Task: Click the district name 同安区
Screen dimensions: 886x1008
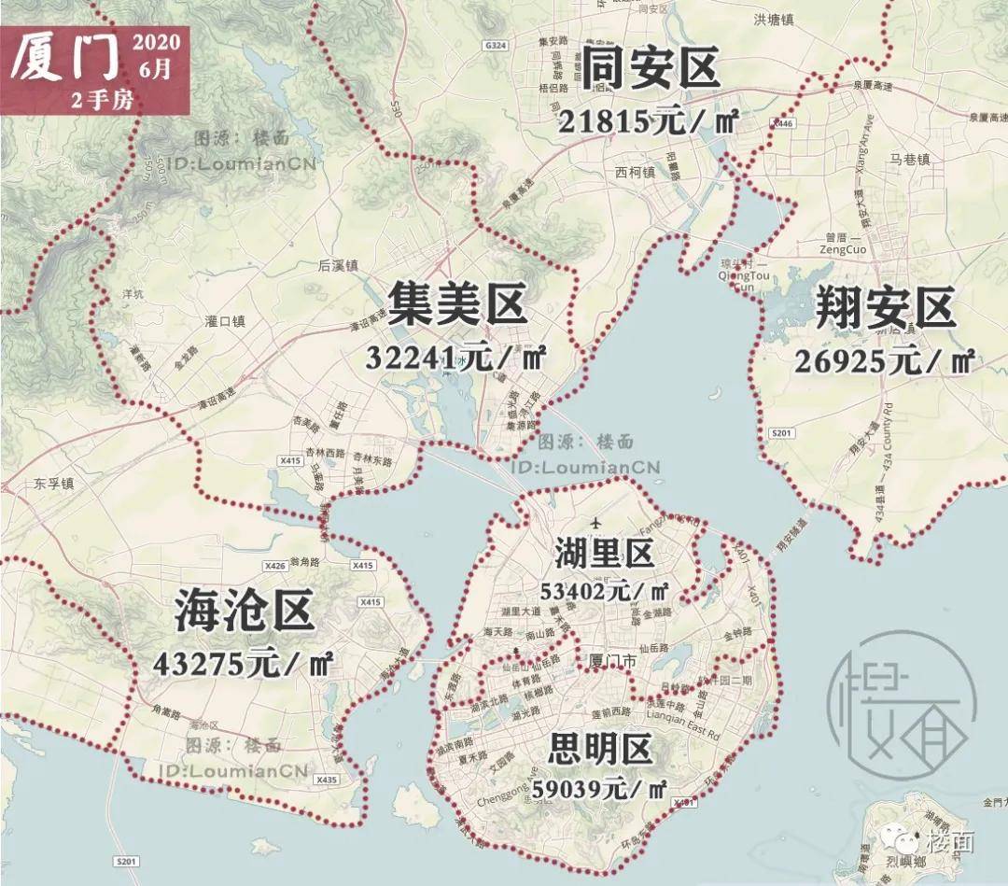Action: coord(651,69)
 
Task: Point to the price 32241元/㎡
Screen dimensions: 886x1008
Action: coord(455,358)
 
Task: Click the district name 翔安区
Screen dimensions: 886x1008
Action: coord(886,309)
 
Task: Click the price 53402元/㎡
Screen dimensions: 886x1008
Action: coord(605,591)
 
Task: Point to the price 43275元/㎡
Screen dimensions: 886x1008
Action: coord(245,664)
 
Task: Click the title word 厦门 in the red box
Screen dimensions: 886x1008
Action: coord(65,58)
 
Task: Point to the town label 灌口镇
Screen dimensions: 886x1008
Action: coord(224,321)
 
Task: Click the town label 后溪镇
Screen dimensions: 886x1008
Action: coord(338,265)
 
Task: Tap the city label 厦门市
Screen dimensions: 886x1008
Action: coord(613,660)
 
